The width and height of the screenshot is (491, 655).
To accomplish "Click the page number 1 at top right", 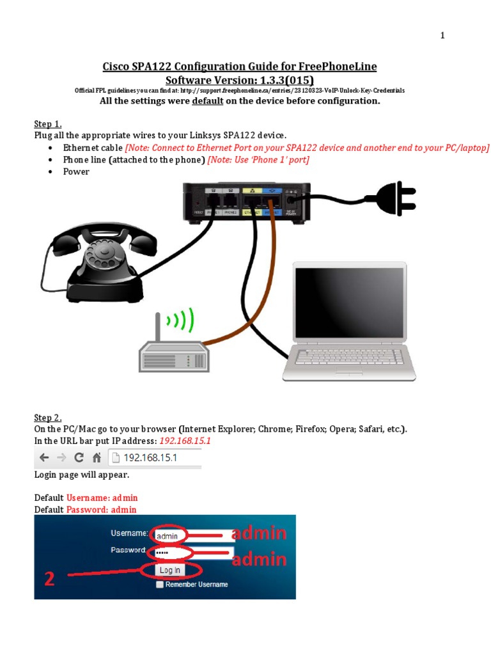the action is tap(442, 36).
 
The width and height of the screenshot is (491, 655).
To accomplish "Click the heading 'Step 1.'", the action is tap(48, 124).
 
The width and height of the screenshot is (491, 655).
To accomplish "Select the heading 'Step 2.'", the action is tap(48, 418).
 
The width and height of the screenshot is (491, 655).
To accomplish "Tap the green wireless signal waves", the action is tap(183, 320).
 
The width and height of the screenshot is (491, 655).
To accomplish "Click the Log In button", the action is tap(169, 570).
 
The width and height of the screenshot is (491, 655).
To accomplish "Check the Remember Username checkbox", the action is tap(159, 584).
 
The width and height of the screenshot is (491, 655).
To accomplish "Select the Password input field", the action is tap(192, 552).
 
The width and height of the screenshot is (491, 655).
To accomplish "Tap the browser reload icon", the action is tap(79, 458).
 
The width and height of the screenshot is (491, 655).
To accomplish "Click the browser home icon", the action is tap(97, 458).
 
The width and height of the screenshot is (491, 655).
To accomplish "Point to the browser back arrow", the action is tap(44, 458).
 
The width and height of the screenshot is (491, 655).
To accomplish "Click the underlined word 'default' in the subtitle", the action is tap(207, 101).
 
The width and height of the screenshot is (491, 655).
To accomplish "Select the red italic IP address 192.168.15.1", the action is tap(185, 441).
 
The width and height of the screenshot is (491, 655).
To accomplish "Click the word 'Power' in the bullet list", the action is tap(76, 171).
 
